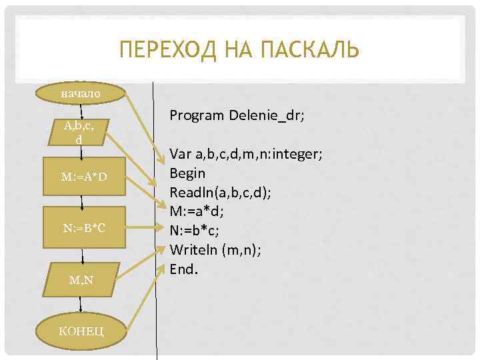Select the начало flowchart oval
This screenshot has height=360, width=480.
(81, 93)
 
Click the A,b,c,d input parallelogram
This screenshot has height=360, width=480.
(79, 133)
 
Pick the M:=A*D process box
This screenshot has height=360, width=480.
(81, 177)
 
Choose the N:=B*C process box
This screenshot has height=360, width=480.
(81, 228)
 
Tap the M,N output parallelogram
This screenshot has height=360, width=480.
(81, 281)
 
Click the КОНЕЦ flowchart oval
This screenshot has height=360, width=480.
(81, 331)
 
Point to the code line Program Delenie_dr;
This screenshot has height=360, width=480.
(237, 115)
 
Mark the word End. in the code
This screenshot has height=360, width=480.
(183, 269)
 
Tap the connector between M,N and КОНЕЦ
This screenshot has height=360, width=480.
(81, 305)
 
